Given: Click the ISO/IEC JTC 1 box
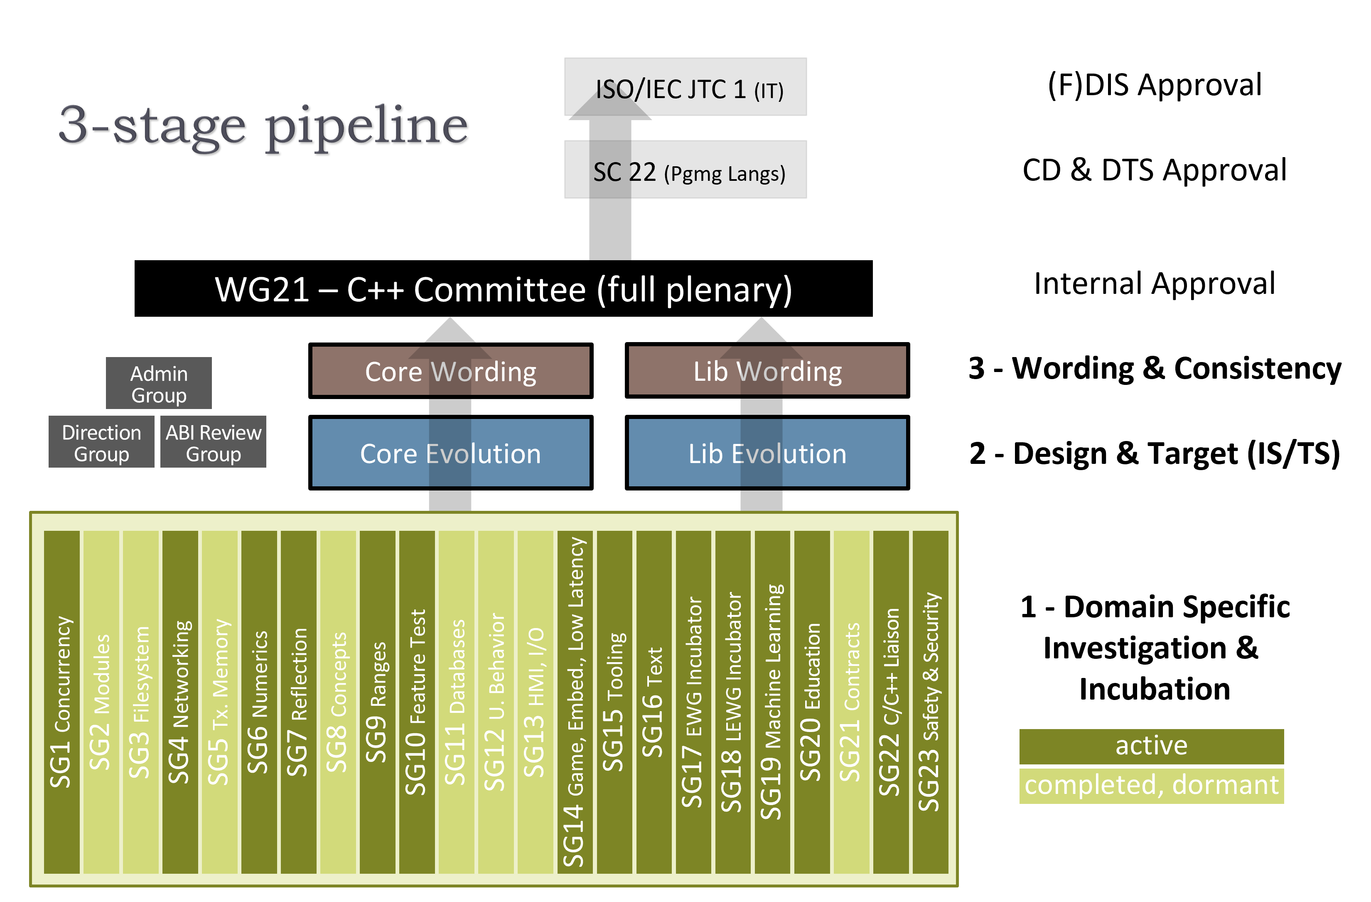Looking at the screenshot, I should [x=685, y=87].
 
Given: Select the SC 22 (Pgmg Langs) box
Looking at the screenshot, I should [x=685, y=170].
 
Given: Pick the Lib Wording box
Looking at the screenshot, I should [x=767, y=371].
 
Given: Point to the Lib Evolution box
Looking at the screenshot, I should [x=767, y=453].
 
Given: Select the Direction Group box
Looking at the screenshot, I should [x=101, y=442].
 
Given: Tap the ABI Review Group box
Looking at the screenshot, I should [x=213, y=442].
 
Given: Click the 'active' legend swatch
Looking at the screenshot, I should [x=1151, y=746].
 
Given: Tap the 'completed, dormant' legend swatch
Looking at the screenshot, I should [x=1151, y=785].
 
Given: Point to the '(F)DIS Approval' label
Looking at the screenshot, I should [x=1154, y=85].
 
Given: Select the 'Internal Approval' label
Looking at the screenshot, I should [x=1154, y=283].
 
